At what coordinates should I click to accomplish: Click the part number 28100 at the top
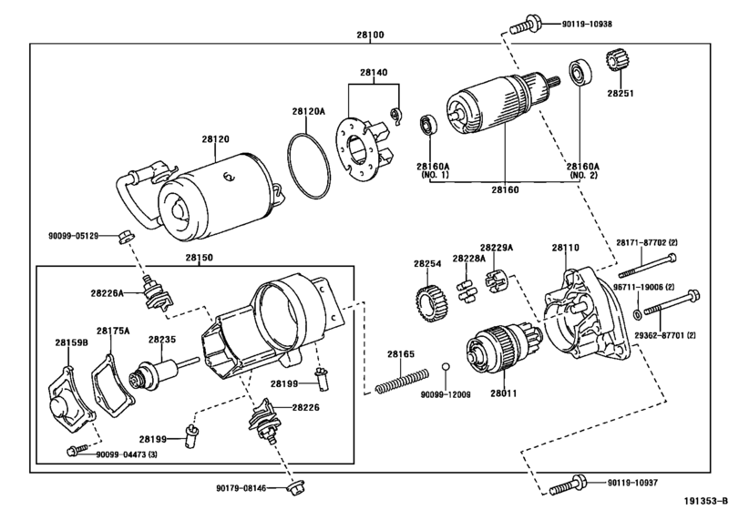(x=370, y=35)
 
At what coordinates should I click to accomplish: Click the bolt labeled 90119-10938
(x=525, y=25)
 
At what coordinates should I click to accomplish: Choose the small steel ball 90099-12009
(x=446, y=367)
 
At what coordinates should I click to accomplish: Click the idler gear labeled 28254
(x=432, y=304)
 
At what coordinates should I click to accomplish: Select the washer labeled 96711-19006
(x=636, y=314)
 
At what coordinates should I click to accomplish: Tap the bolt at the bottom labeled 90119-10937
(x=568, y=484)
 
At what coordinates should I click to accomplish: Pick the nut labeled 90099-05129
(x=126, y=236)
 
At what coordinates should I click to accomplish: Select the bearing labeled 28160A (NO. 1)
(x=428, y=124)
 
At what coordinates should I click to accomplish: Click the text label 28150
(x=199, y=258)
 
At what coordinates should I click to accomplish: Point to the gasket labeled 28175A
(x=112, y=385)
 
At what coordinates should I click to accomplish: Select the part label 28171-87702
(x=647, y=242)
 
